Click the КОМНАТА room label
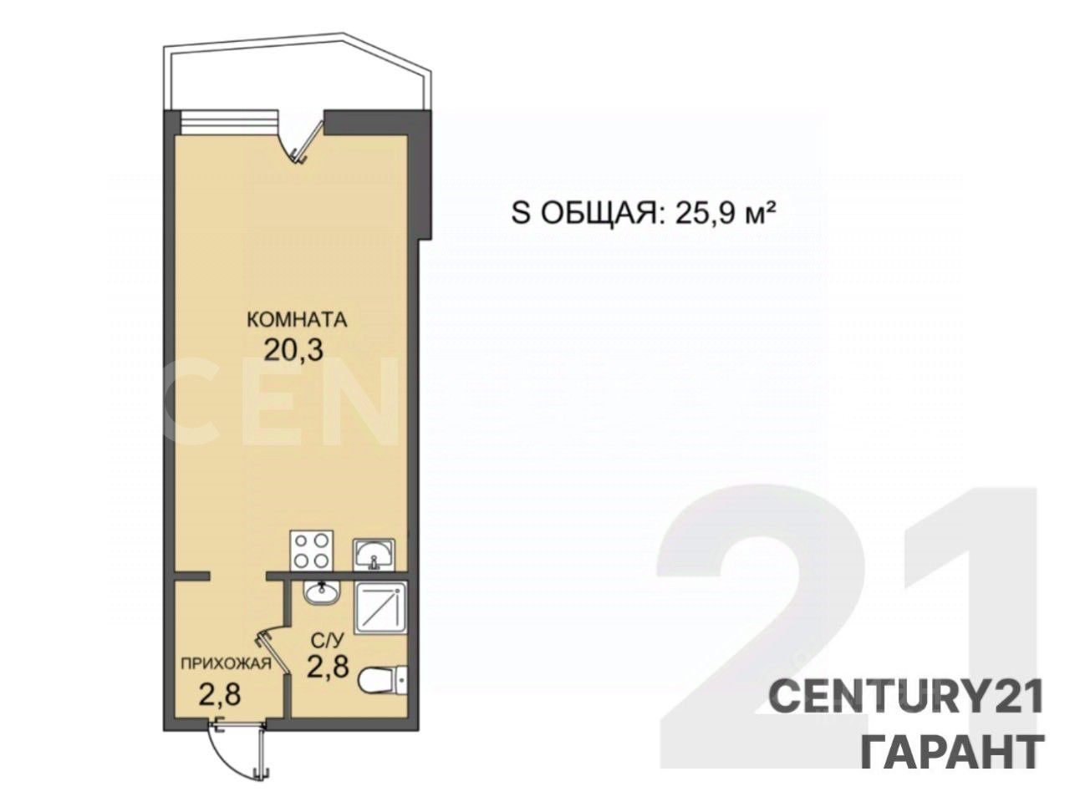(297, 320)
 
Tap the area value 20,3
(293, 350)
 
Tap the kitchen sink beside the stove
(374, 554)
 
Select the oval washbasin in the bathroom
(322, 592)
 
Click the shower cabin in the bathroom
(380, 608)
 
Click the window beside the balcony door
(227, 123)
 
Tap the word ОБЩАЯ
(599, 214)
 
